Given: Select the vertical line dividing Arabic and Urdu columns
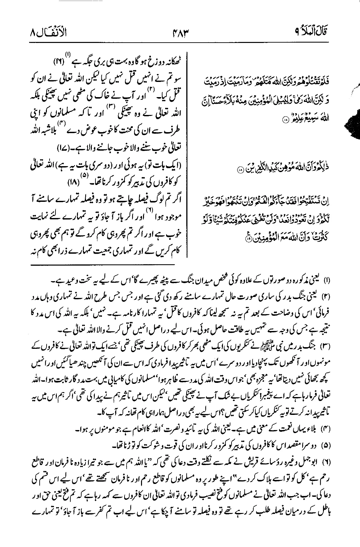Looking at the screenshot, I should click(188, 149).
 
